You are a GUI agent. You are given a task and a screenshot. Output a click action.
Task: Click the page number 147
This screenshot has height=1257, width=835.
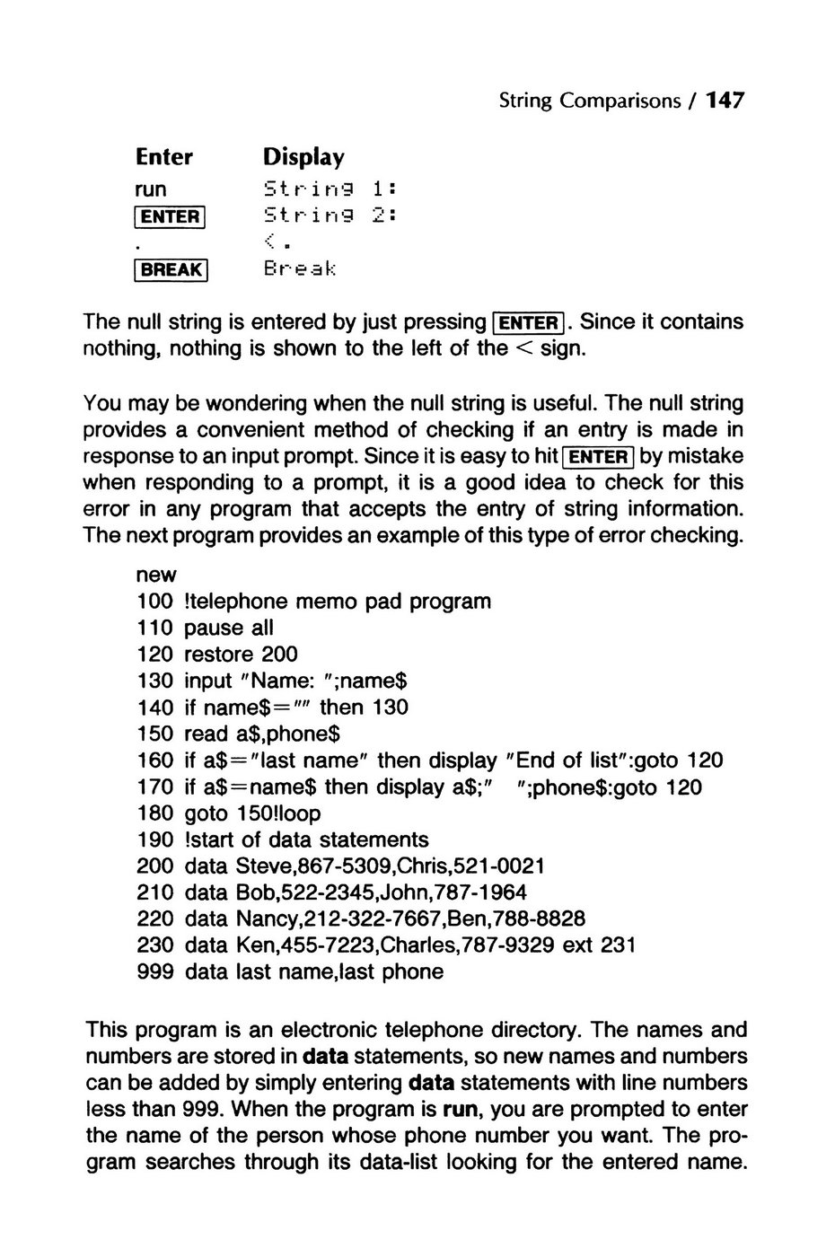pos(725,101)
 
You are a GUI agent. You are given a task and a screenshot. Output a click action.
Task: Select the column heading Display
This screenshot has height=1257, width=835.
pos(303,158)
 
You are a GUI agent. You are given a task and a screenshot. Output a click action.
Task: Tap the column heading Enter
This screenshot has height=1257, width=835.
pos(164,157)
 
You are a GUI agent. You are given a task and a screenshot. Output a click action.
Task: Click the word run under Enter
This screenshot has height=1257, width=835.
pos(151,189)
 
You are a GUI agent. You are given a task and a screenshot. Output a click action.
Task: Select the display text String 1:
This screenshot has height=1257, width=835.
pos(330,189)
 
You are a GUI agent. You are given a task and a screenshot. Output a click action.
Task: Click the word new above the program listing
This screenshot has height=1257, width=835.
pos(156,575)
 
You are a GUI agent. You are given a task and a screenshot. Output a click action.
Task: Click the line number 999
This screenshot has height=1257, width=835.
pos(154,971)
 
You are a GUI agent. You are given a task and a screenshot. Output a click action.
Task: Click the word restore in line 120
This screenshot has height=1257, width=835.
pos(219,655)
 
